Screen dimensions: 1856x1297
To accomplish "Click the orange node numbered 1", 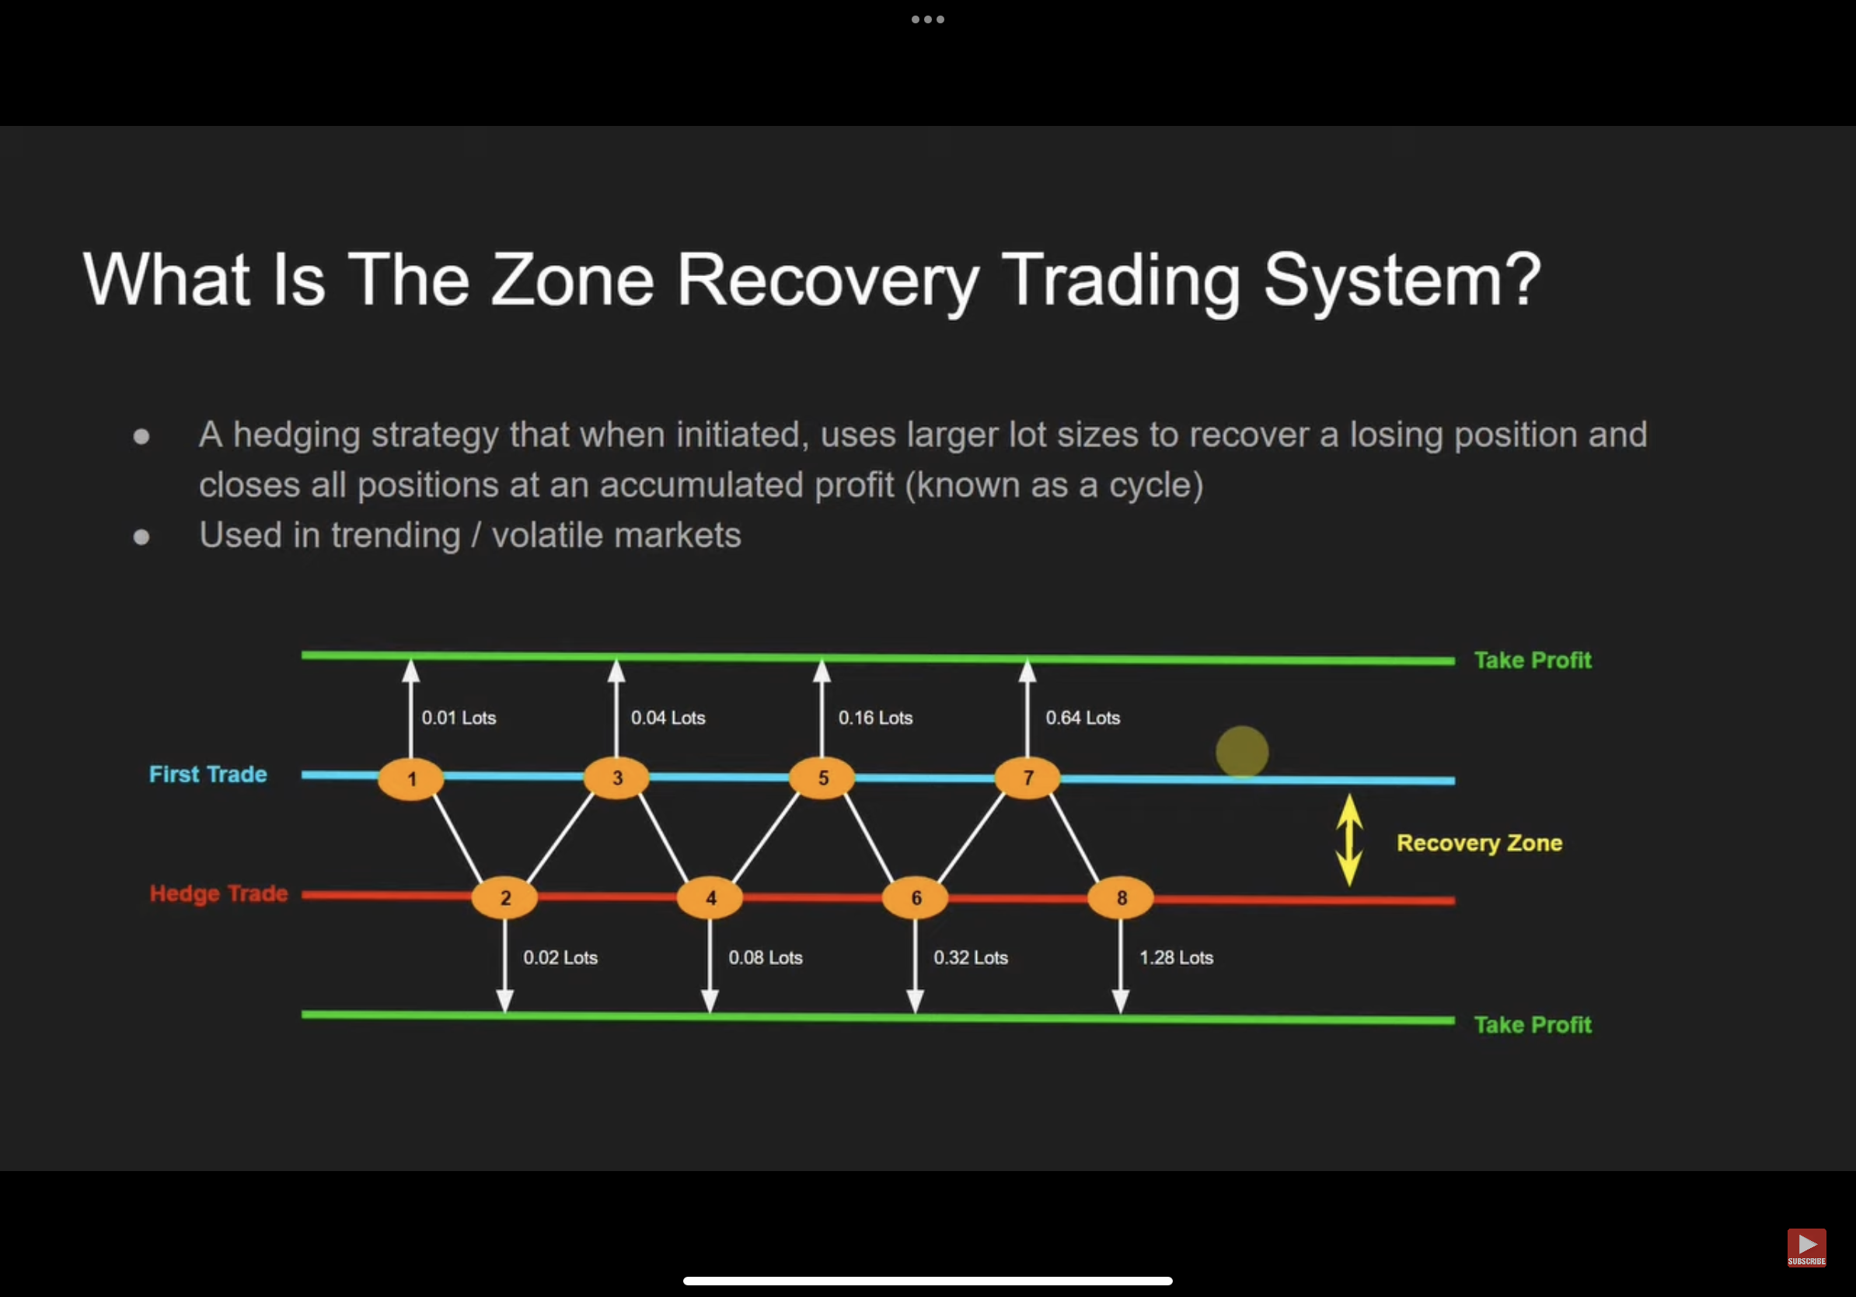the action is [x=410, y=778].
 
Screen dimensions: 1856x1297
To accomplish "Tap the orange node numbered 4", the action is [x=710, y=897].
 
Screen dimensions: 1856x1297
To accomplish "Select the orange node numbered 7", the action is [x=1027, y=778].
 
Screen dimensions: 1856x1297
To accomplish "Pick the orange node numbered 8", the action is [x=1121, y=897].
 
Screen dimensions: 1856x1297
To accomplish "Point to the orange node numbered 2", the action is [x=504, y=897].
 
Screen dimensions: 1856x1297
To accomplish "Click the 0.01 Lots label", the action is [x=459, y=718].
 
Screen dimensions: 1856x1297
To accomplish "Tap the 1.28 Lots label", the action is [x=1176, y=957].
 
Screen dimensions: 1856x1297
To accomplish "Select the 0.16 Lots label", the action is [x=875, y=718].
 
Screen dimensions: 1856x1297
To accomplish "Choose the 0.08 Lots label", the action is [x=766, y=957].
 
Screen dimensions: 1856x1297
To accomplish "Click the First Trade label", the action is [x=208, y=774].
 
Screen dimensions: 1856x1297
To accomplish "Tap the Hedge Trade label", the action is [x=218, y=893].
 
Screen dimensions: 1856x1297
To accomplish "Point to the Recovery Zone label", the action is [x=1479, y=844].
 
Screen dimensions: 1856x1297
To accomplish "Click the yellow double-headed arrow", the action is [x=1349, y=840].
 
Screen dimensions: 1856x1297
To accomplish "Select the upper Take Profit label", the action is [x=1533, y=661].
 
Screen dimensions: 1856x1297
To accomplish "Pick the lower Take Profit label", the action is [x=1533, y=1026].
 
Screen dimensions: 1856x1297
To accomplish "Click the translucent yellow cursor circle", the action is [x=1242, y=752].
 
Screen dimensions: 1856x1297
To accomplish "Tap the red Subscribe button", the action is [x=1807, y=1248].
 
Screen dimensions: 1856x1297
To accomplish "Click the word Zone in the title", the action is [x=572, y=280].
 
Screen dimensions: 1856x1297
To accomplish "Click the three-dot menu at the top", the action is [x=928, y=19].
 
